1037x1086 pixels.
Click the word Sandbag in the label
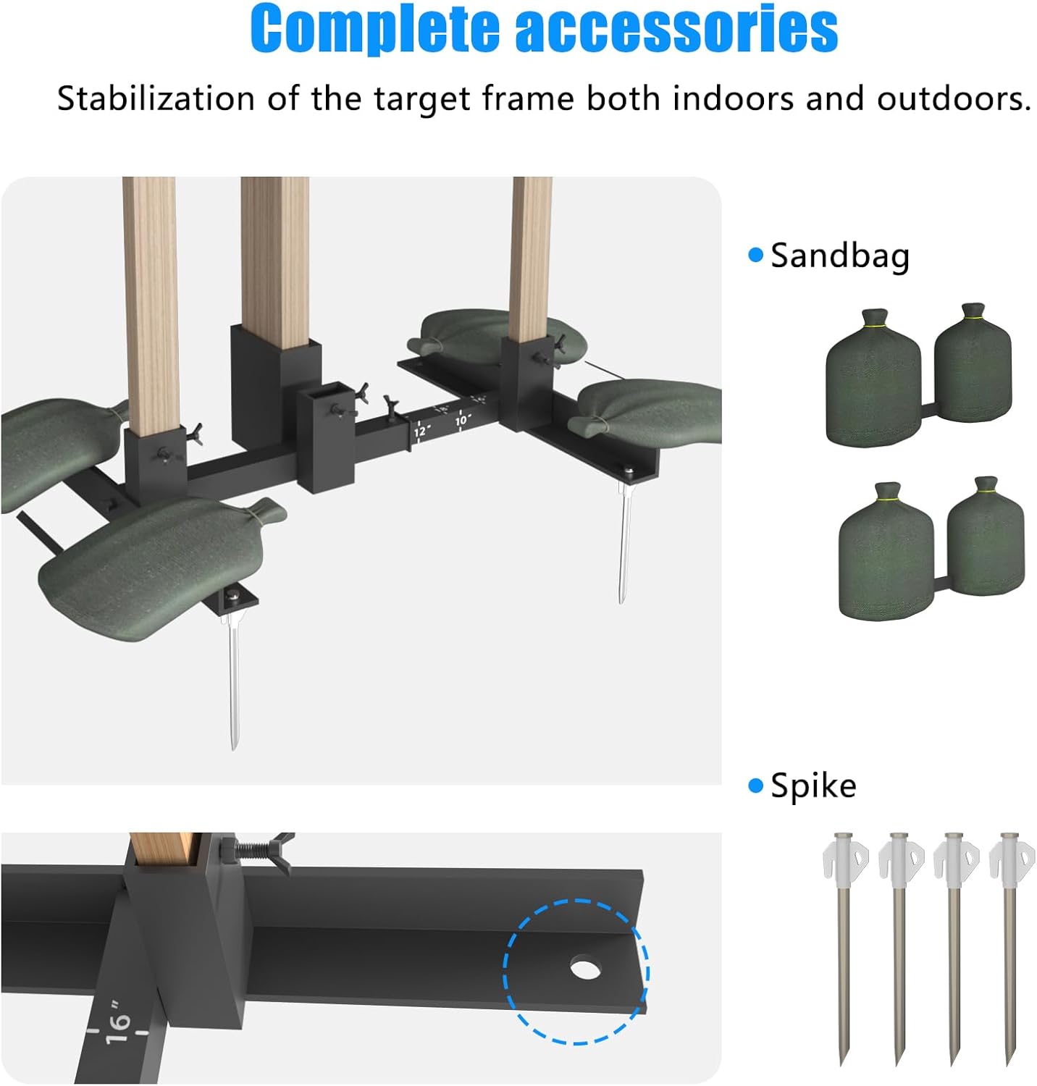point(839,256)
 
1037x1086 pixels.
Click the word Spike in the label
point(813,786)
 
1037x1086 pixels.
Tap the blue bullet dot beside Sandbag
point(756,255)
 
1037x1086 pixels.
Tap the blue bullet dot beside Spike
point(756,786)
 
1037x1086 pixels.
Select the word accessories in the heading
point(676,29)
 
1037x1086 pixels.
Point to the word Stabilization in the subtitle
point(156,98)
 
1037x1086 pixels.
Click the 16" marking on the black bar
point(118,1022)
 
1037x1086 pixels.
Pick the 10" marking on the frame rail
point(462,419)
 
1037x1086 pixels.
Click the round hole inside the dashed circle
point(584,968)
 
